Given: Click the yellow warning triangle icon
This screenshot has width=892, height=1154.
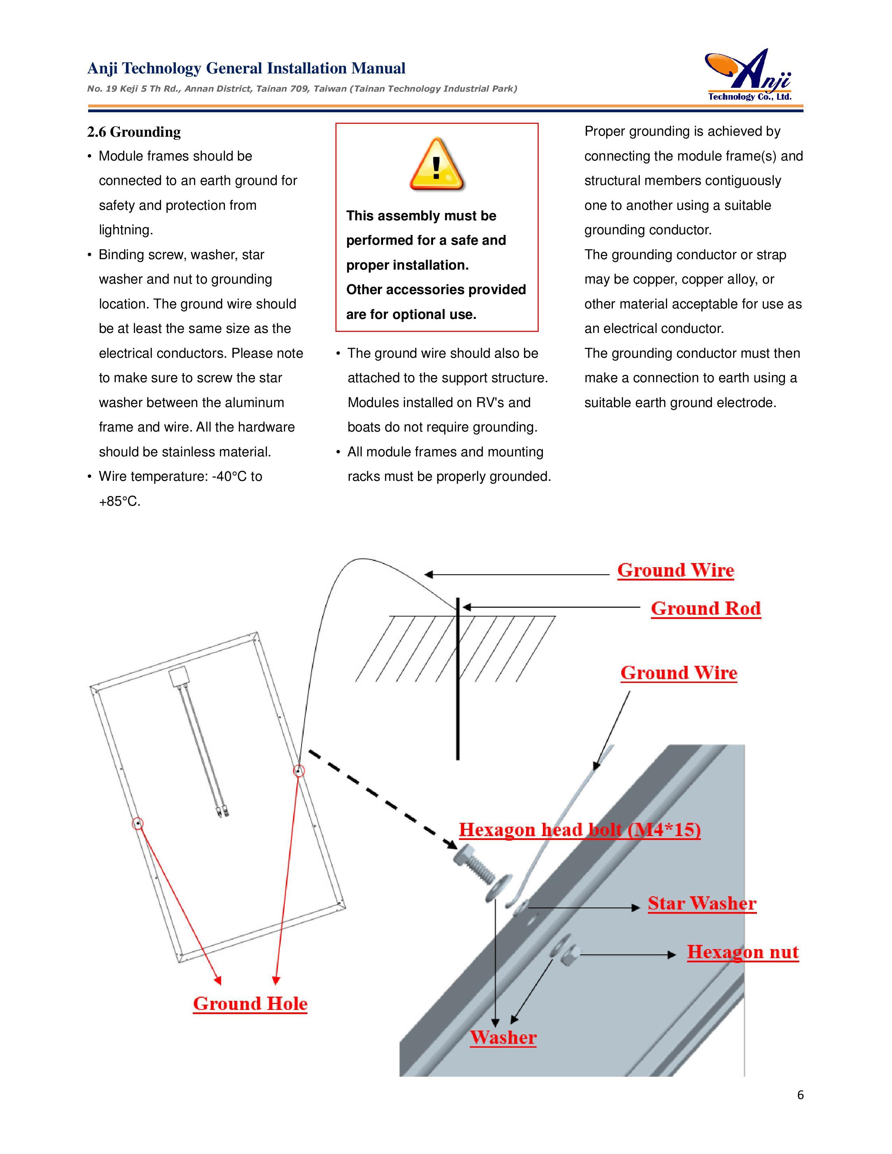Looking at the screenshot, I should (x=437, y=164).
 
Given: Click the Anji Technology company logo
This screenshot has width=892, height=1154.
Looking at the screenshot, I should (x=749, y=75).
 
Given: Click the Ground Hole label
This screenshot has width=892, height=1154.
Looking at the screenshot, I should (x=250, y=1003).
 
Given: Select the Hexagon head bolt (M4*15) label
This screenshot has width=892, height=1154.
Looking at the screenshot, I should (x=579, y=829).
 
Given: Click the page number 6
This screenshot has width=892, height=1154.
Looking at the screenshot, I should (x=800, y=1095).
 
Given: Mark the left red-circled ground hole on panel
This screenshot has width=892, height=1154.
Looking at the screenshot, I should (x=137, y=823).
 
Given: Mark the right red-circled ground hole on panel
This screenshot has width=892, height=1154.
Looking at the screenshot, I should (x=299, y=771).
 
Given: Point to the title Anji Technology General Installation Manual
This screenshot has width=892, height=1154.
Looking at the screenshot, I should (x=246, y=68).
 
